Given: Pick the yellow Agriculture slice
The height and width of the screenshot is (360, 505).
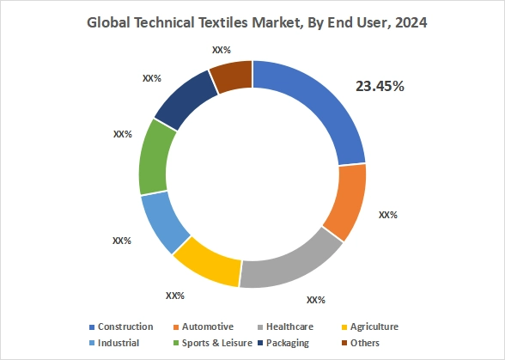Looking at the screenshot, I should pyautogui.click(x=206, y=263).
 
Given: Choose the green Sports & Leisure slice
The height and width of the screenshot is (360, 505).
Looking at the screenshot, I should pyautogui.click(x=153, y=158).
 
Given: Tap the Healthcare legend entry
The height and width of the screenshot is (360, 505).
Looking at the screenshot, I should pyautogui.click(x=289, y=326).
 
